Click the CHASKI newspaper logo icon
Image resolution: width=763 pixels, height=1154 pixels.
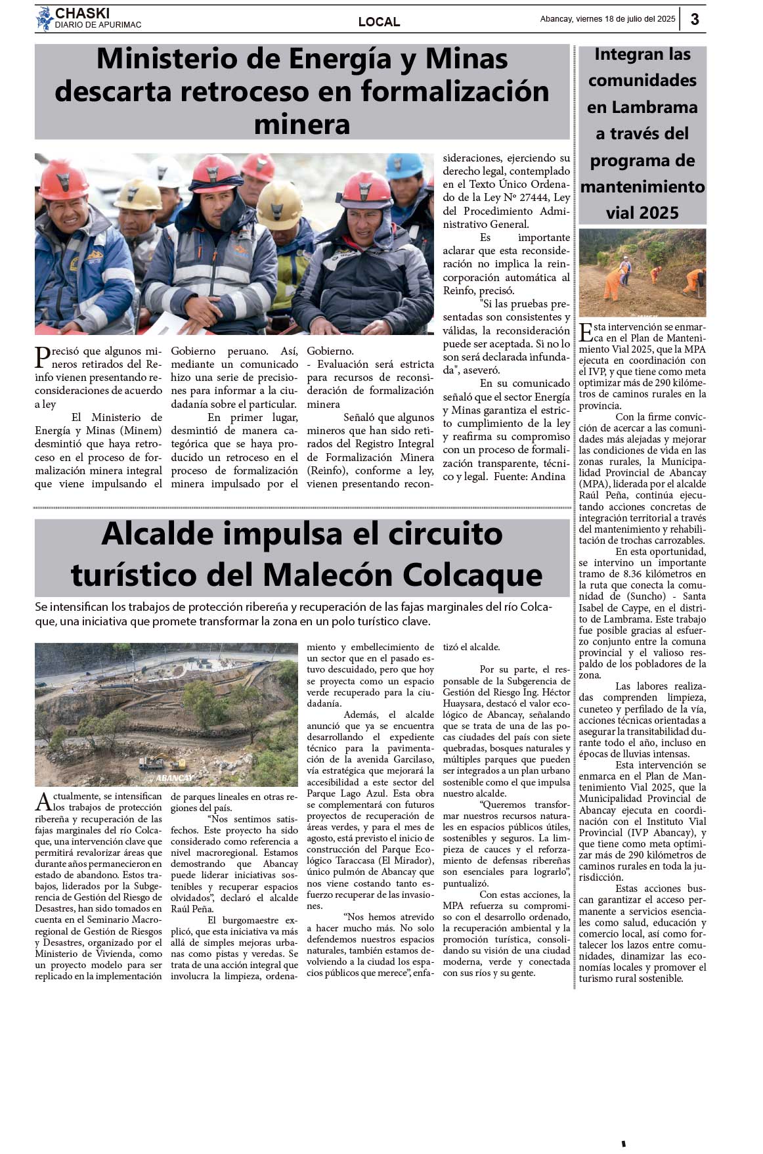coord(44,18)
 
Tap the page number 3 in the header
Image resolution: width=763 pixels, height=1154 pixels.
coord(695,19)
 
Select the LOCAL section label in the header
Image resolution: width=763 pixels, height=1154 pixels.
coord(379,22)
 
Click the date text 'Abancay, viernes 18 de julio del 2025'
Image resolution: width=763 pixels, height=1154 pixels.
coord(607,19)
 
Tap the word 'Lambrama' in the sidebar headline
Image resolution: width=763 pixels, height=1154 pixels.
coord(642,107)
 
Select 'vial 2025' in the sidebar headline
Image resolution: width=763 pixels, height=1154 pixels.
coord(642,213)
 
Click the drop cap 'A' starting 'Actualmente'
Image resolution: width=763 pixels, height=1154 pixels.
coord(43,801)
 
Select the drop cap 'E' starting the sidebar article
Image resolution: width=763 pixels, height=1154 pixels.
coord(586,332)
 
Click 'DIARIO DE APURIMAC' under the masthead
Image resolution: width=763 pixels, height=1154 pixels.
coord(98,25)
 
